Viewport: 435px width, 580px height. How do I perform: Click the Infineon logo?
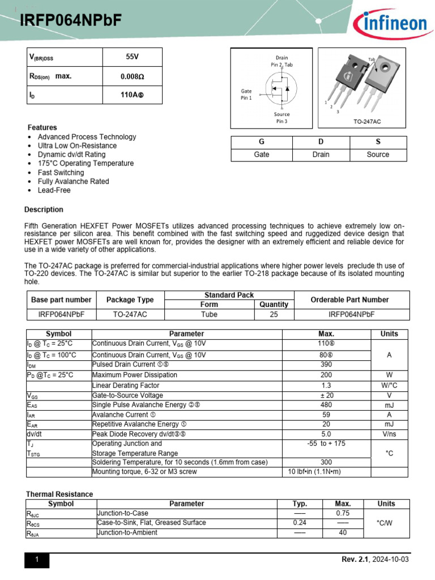390,24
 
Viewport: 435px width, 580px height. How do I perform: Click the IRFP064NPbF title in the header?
71,21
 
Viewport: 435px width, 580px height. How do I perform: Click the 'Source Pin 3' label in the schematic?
282,118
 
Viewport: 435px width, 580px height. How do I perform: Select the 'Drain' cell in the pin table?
321,155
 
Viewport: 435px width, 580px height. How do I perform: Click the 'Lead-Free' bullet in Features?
54,190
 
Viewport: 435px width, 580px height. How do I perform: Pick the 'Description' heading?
44,210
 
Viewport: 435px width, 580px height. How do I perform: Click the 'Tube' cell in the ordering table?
209,314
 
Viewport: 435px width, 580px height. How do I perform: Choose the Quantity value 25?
274,314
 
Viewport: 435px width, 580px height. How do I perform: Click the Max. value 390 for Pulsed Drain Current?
326,365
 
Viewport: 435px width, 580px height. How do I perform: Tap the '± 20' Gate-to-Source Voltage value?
326,395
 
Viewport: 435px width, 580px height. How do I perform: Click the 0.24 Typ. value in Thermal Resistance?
300,523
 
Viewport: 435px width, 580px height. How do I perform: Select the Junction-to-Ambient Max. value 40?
343,533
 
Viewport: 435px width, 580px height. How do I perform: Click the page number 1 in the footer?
37,560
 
